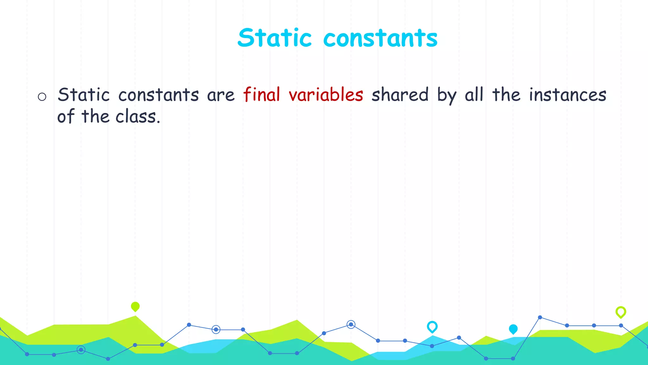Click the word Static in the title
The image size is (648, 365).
pyautogui.click(x=274, y=38)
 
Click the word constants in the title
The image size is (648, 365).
pyautogui.click(x=380, y=39)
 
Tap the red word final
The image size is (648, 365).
pyautogui.click(x=262, y=95)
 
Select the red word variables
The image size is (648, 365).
pyautogui.click(x=326, y=95)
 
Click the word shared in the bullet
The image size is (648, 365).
pyautogui.click(x=400, y=95)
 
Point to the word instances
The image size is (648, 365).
pyautogui.click(x=568, y=95)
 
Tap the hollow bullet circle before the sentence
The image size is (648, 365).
pyautogui.click(x=42, y=97)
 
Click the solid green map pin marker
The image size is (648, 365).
pyautogui.click(x=135, y=306)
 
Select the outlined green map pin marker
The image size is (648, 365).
pyautogui.click(x=621, y=312)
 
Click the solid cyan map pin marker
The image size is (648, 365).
pyautogui.click(x=513, y=329)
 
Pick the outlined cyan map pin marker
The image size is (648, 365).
pyautogui.click(x=432, y=326)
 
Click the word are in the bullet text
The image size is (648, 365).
pyautogui.click(x=221, y=95)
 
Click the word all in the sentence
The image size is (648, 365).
pyautogui.click(x=474, y=95)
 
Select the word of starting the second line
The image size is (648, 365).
pyautogui.click(x=66, y=117)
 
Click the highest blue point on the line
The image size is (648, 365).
pyautogui.click(x=540, y=317)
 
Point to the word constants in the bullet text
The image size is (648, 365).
pyautogui.click(x=159, y=95)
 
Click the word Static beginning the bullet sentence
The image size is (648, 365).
pyautogui.click(x=84, y=95)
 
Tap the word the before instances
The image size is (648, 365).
pyautogui.click(x=506, y=95)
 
